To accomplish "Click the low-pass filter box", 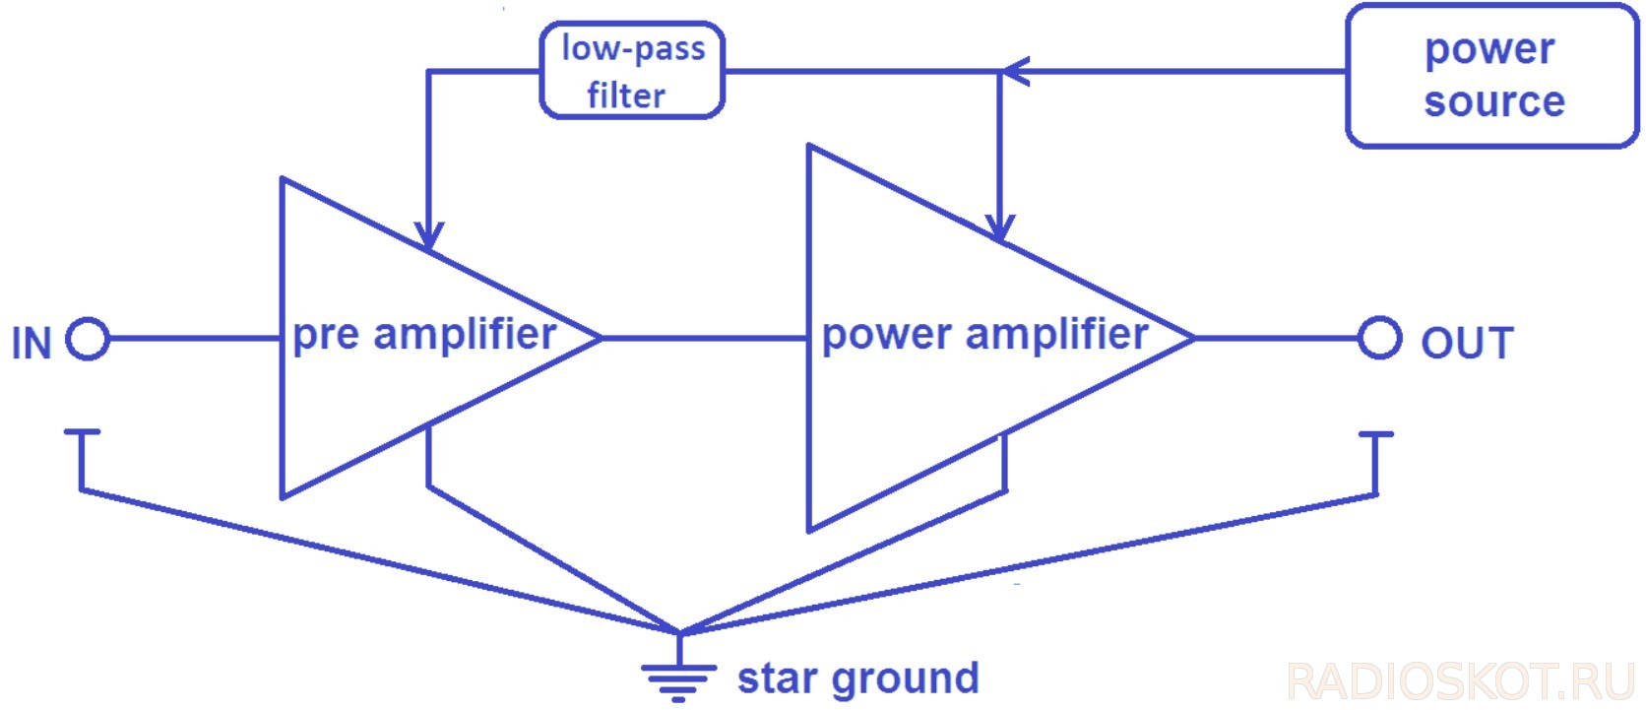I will point(632,71).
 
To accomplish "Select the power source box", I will point(1491,76).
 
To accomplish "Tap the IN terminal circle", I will point(88,339).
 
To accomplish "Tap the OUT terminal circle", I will point(1379,338).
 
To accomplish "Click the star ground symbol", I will point(678,676).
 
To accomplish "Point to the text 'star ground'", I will point(857,678).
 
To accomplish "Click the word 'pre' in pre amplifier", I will point(327,336).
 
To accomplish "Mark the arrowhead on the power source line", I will point(1014,71).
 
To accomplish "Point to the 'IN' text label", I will point(32,344).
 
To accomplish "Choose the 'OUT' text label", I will point(1467,344).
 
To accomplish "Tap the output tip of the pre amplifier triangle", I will point(599,338).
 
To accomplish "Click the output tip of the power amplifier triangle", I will point(1192,338).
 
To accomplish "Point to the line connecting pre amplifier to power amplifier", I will point(704,338).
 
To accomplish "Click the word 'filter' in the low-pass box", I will point(626,96).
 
